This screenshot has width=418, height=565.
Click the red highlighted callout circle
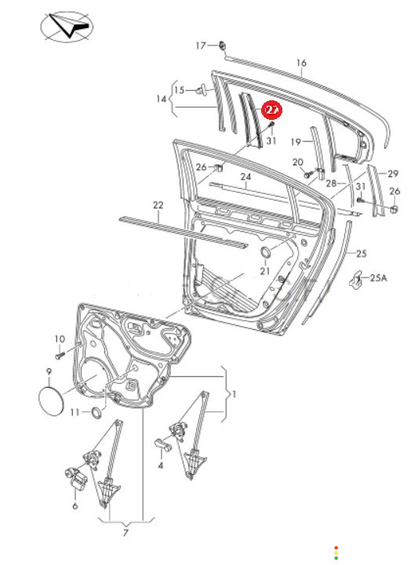pos(271,110)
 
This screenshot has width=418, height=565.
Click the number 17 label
pos(201,45)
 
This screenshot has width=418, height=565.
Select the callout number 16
pos(301,63)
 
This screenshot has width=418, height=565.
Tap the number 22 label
pos(158,205)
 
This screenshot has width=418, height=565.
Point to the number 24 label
pos(245,177)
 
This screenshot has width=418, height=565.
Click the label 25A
pos(378,278)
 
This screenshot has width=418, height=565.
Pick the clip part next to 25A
pos(355,278)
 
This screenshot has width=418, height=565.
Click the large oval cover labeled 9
pos(51,401)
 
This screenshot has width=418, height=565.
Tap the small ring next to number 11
pos(96,412)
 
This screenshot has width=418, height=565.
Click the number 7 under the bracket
pos(125,533)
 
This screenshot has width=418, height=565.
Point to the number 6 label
pos(75,506)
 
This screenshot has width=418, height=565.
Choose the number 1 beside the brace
pos(234,394)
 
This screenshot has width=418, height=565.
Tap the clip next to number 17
pos(223,45)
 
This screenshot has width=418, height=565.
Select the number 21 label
pos(265,270)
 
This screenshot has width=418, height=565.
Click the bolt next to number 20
pos(307,175)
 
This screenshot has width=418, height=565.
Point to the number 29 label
pos(393,174)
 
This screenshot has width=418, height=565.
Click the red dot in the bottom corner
pos(336,548)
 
